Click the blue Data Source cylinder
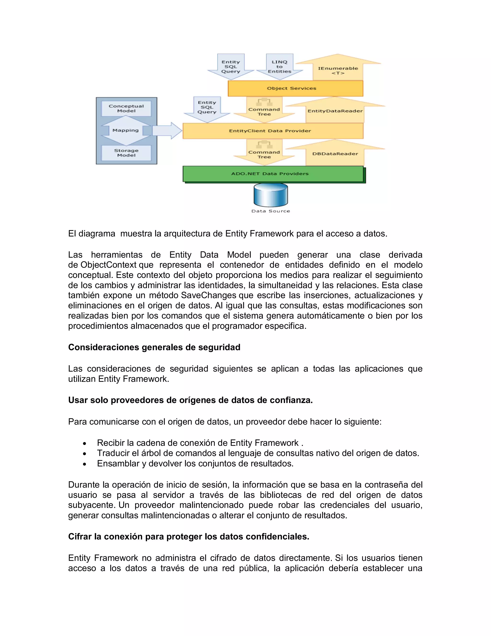(270, 195)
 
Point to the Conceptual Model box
(126, 108)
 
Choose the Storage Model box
(126, 153)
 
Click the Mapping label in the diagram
(126, 130)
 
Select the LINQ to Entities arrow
(280, 67)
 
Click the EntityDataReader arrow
(335, 111)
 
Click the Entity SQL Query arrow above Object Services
(231, 67)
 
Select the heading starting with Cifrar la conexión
(188, 536)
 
